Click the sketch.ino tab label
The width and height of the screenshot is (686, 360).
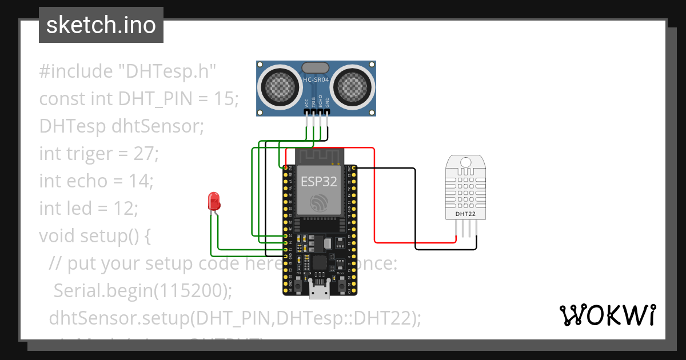pos(101,25)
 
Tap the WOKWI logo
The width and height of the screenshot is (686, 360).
pos(607,315)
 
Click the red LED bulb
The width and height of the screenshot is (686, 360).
pos(215,201)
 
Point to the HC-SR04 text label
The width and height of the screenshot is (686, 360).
pos(316,80)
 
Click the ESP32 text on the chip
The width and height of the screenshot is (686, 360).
pos(319,182)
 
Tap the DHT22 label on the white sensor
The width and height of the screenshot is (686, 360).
pos(465,214)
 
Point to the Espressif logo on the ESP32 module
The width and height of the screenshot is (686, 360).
pos(319,203)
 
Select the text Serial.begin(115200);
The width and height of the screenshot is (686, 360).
pos(143,291)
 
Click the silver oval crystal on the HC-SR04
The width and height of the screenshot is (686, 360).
pos(316,68)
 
